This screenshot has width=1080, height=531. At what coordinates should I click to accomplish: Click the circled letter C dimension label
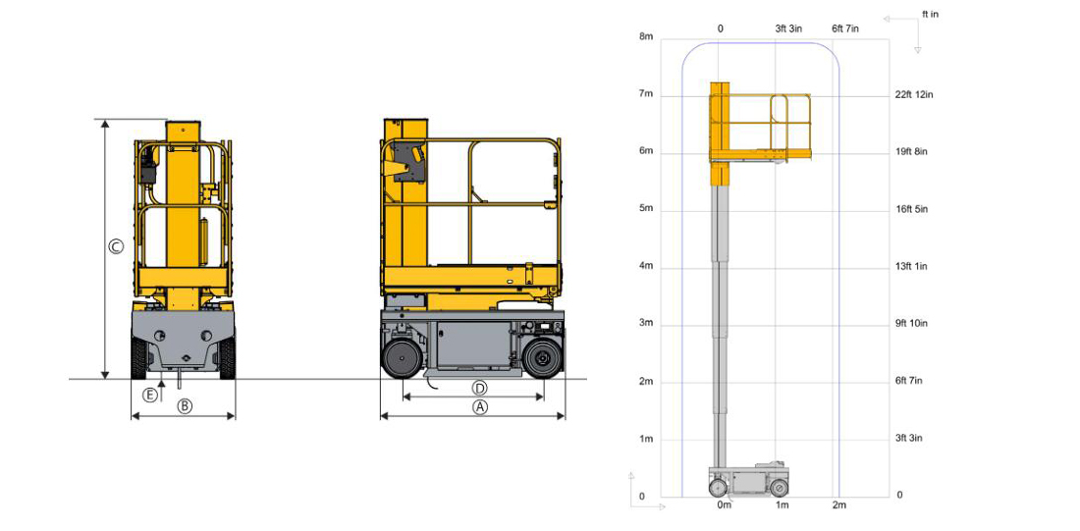click(x=117, y=246)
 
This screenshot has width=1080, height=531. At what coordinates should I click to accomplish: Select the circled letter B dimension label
click(x=184, y=406)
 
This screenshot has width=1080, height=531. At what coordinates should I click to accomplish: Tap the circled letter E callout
click(x=149, y=395)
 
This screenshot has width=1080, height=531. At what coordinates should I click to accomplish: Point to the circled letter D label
click(x=480, y=387)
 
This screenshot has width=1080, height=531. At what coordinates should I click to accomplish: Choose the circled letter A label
click(x=480, y=407)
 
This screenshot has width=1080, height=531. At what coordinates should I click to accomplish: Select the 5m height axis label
click(x=646, y=209)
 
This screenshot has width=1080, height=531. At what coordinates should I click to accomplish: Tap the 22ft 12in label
click(x=915, y=94)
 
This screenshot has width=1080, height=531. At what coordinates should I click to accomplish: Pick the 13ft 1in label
click(x=912, y=267)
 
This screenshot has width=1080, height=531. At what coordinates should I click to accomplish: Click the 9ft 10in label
click(x=912, y=324)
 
